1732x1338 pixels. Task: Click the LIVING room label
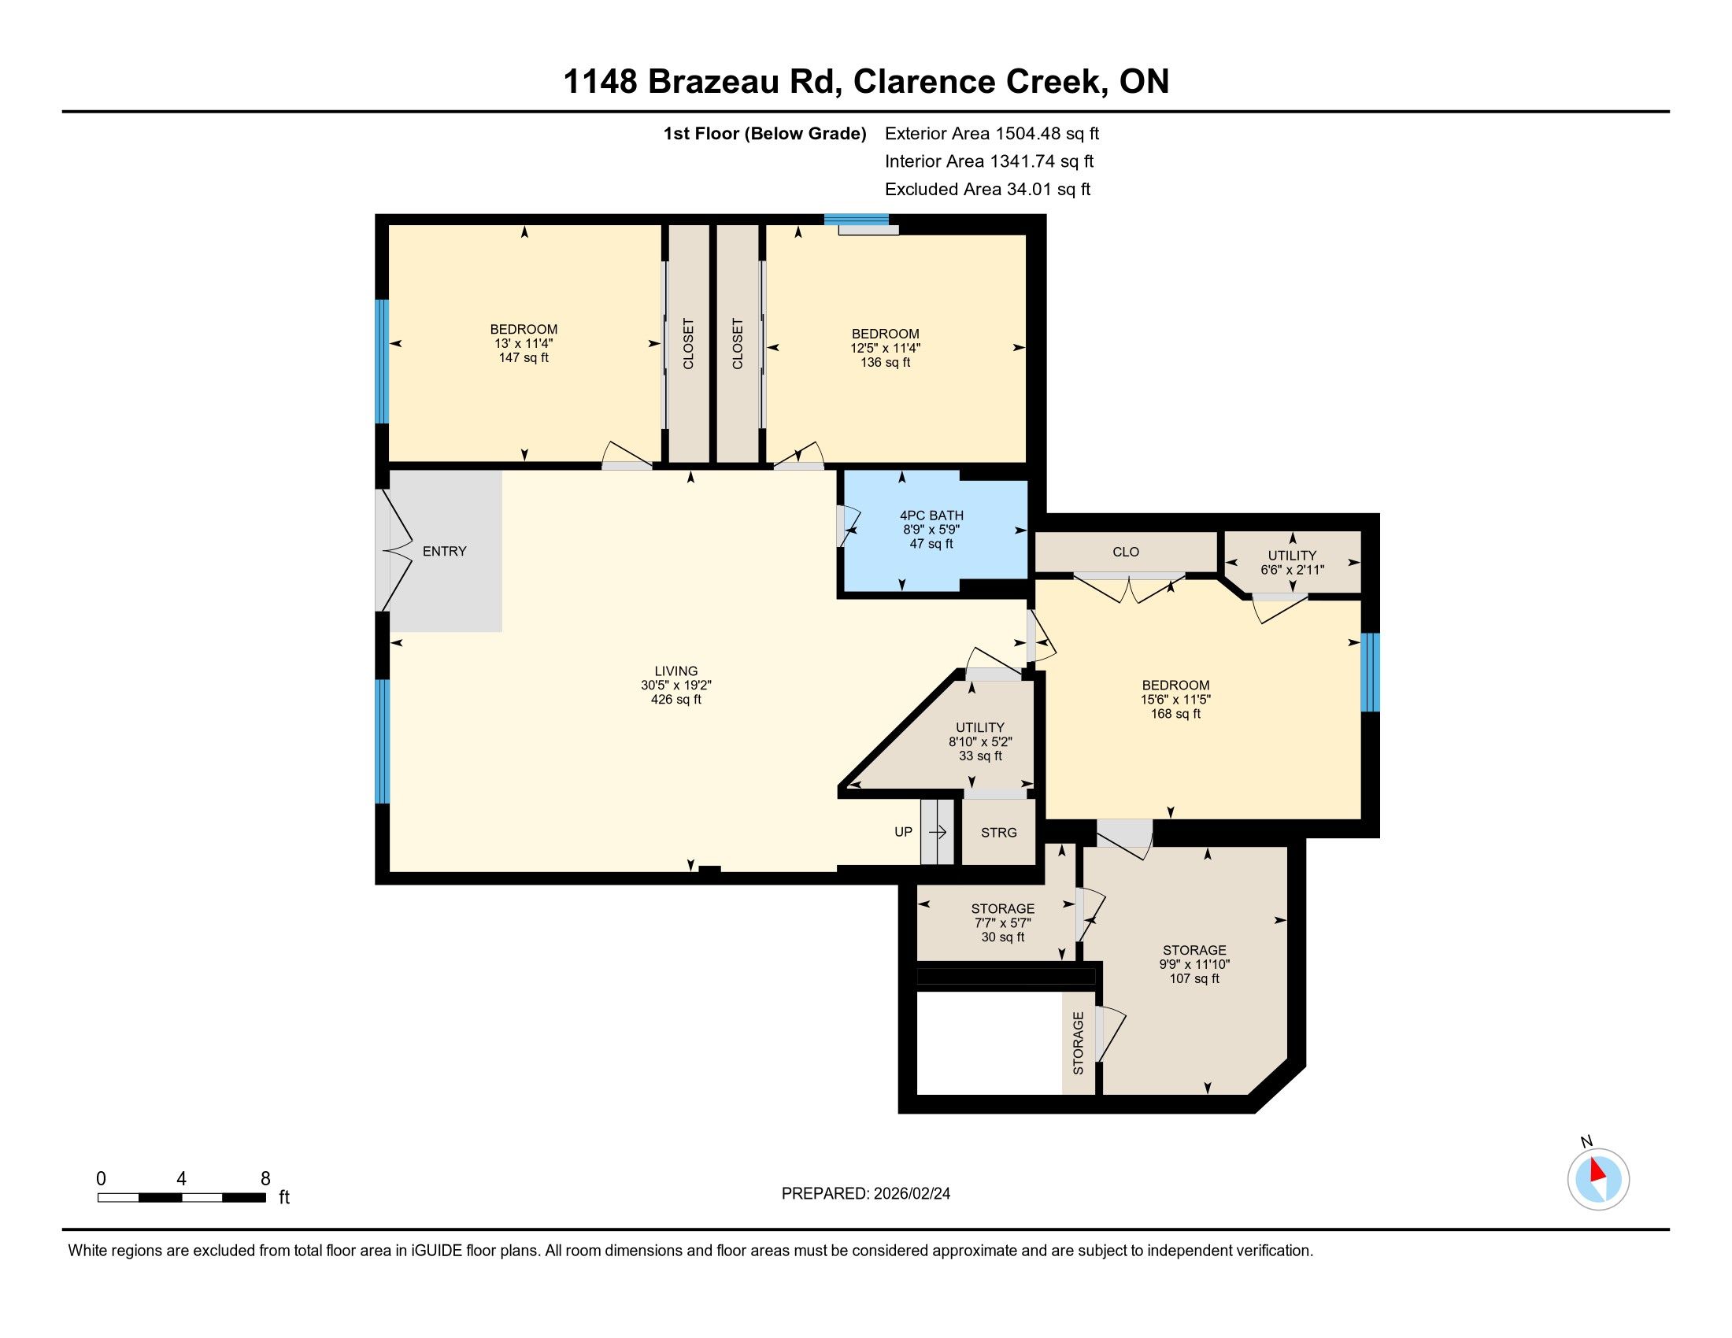click(x=675, y=671)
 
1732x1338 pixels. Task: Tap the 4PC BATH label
click(x=931, y=516)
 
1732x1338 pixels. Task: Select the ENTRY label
click(x=444, y=551)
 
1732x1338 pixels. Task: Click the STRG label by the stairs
click(x=998, y=832)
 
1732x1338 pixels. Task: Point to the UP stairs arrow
click(x=938, y=832)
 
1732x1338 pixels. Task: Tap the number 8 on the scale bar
click(x=265, y=1178)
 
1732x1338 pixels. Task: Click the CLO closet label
click(x=1125, y=552)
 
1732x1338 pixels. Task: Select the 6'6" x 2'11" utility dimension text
click(x=1292, y=569)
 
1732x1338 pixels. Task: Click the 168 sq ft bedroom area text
click(x=1175, y=713)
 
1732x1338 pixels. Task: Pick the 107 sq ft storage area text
click(x=1194, y=978)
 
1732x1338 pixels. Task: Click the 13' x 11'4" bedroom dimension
click(x=524, y=343)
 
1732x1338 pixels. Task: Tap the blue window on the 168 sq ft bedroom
click(x=1371, y=672)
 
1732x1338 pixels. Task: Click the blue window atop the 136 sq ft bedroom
click(x=856, y=220)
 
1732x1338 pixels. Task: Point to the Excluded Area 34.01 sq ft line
click(x=987, y=190)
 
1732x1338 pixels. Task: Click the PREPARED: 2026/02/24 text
click(x=866, y=1193)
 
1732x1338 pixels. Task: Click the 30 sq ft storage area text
click(x=1002, y=937)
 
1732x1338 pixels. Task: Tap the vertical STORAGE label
click(x=1078, y=1043)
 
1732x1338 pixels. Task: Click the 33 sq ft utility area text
click(x=980, y=756)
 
